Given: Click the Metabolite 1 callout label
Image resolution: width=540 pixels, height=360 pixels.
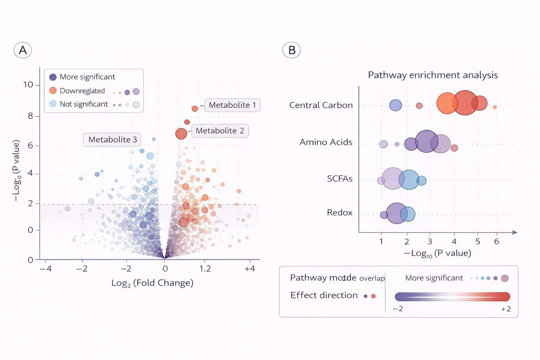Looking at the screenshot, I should [232, 105].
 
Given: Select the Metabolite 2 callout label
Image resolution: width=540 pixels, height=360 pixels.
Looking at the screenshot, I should [220, 131].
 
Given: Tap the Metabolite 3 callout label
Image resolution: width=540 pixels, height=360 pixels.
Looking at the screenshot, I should [112, 140].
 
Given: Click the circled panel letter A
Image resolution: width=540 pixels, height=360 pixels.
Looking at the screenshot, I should [23, 50].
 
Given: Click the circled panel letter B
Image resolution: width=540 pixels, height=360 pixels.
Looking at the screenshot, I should [291, 50].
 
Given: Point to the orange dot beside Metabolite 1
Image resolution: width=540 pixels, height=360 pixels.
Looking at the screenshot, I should [195, 109].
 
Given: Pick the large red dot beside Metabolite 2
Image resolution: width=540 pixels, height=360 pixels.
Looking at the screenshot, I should [181, 134].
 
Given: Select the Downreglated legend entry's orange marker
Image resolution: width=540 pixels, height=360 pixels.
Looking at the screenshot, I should [53, 91].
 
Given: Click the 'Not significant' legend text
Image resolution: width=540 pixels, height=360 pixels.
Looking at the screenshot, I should [84, 104].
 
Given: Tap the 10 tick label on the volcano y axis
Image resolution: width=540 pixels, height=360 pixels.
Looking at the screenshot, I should [28, 85].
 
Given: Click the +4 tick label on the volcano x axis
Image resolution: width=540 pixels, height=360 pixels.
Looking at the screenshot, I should [250, 269].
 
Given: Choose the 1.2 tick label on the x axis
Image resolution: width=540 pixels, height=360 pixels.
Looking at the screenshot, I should [205, 269].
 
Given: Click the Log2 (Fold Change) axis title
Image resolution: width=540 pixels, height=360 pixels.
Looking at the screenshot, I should [152, 283].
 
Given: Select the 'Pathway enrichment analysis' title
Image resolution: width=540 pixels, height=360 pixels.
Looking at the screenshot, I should [433, 75].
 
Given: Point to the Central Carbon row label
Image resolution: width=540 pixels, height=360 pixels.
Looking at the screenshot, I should [321, 105].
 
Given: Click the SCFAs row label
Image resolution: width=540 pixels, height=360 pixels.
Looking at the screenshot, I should [340, 179].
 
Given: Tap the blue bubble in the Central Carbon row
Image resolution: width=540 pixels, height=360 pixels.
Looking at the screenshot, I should [396, 105].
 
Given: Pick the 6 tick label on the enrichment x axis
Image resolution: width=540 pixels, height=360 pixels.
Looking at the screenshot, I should [496, 242].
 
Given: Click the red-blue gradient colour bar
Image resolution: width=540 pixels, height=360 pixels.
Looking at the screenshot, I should [452, 297].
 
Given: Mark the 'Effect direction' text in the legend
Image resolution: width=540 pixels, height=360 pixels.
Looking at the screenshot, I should [324, 295].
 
